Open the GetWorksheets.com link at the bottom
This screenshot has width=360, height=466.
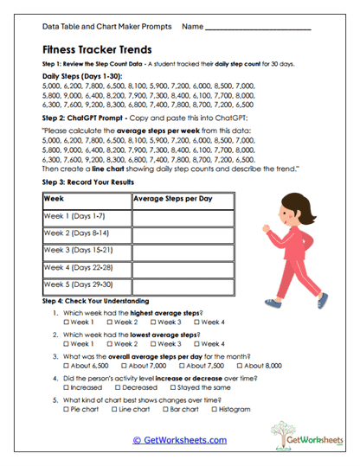click(180, 439)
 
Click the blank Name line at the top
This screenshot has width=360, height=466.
click(260, 28)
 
